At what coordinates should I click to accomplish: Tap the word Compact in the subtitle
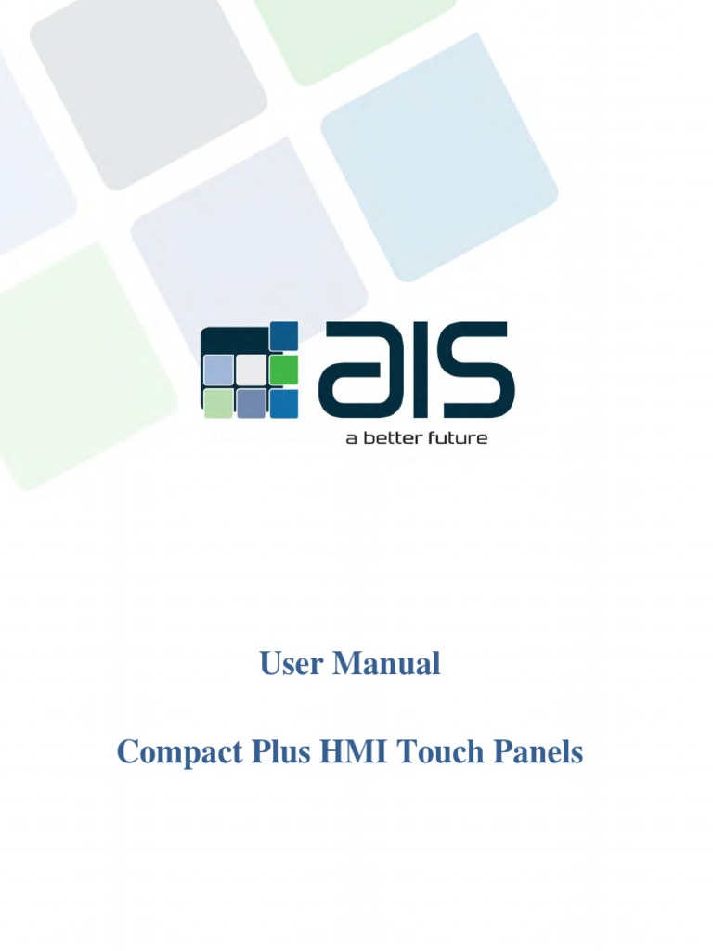[x=168, y=752]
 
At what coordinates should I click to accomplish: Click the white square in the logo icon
[x=251, y=370]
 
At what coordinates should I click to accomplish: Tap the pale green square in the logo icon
[x=218, y=403]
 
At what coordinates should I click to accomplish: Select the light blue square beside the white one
[x=218, y=370]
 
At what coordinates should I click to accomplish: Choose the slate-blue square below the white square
[x=251, y=403]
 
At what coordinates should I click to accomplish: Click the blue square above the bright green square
[x=283, y=336]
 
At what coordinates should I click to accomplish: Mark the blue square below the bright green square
[x=283, y=403]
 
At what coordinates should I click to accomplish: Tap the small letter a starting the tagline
[x=350, y=438]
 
